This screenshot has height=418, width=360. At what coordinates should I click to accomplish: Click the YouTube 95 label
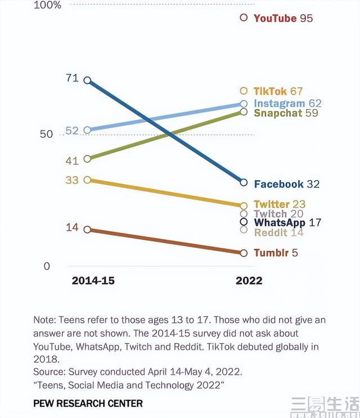pos(283,18)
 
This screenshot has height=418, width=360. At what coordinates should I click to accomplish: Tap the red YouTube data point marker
pos(244,17)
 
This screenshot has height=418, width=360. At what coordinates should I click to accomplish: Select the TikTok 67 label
pos(278,91)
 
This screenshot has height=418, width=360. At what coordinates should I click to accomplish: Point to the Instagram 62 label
pos(287,104)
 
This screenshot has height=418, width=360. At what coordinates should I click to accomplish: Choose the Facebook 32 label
pos(286,184)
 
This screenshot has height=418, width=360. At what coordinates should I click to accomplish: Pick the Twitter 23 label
pos(279,204)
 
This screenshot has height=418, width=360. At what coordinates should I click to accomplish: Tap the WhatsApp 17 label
pos(287,223)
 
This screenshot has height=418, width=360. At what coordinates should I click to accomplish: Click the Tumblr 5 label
pos(276,253)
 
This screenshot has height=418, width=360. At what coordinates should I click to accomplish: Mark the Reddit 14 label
pos(278,232)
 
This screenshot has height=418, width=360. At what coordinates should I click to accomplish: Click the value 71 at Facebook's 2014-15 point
pos(72,78)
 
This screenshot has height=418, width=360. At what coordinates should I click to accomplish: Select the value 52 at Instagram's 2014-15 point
pos(72,131)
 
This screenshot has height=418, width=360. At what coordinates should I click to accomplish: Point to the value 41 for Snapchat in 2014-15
pos(72,161)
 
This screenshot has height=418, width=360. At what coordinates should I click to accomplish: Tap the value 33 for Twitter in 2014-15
pos(72,181)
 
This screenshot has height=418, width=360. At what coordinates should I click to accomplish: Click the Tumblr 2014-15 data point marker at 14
pos(87,229)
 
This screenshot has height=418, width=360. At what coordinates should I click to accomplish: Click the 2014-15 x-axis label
pos(93,281)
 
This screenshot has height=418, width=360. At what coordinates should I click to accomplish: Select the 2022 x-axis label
pos(249,281)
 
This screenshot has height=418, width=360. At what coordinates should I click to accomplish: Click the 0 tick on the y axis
pos(47,266)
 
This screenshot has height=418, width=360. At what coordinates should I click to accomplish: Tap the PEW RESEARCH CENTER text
pos(88,403)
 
